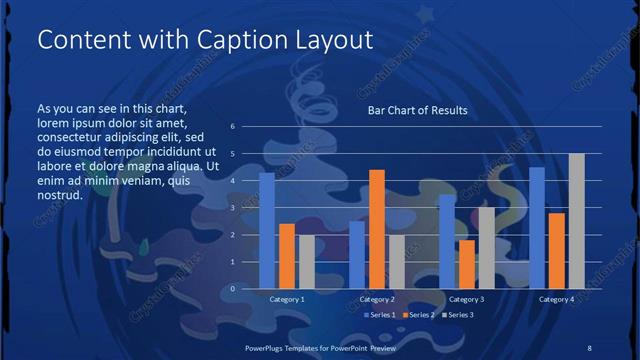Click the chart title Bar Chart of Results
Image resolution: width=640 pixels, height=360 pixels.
point(417,110)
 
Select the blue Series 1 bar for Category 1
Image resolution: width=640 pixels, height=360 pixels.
point(267,230)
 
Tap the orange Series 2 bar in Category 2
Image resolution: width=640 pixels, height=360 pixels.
point(377,229)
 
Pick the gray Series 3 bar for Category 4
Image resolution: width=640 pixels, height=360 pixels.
point(576,221)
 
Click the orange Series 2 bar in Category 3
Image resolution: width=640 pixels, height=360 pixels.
point(466,264)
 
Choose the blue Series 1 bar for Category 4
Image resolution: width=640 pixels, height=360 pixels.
point(537,227)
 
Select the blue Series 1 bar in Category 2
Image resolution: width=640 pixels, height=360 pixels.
point(357,254)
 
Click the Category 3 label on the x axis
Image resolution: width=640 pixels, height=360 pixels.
point(466,299)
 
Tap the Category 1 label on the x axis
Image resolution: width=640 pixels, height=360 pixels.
point(287,299)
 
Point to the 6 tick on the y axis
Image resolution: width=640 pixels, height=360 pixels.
point(232,127)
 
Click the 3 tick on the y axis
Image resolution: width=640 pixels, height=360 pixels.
point(232,208)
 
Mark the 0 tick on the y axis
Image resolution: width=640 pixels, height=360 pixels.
point(232,288)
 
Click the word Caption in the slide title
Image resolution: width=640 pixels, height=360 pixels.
point(210,40)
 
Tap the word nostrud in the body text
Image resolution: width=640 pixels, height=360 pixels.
point(59,194)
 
